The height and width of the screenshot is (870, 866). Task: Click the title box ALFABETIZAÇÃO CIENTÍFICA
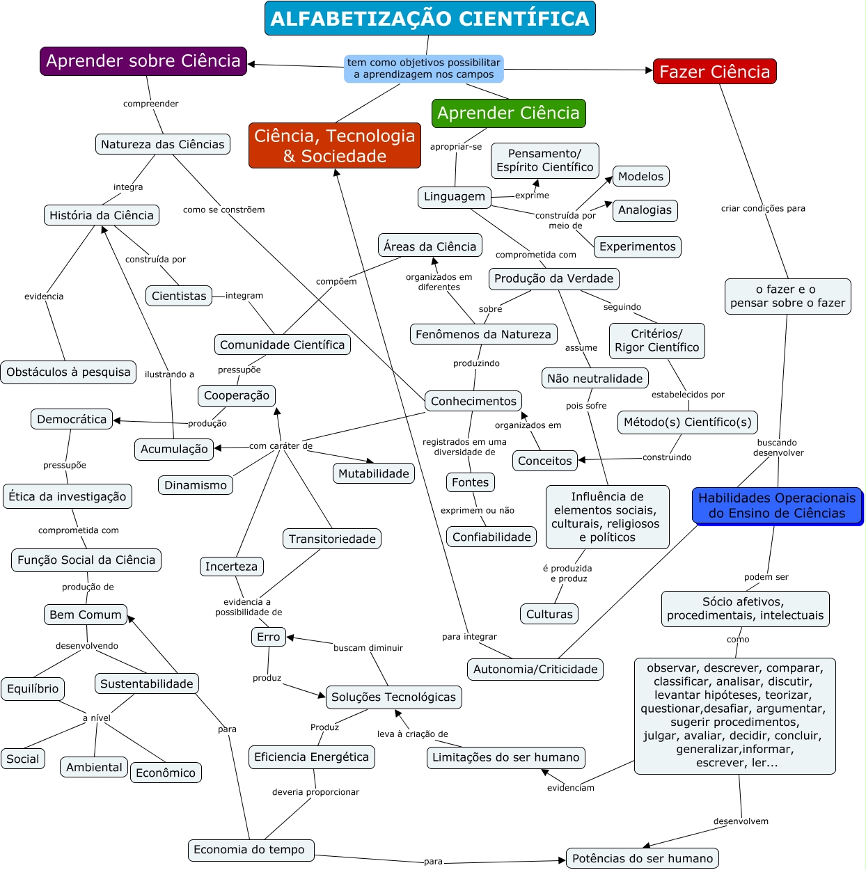click(x=430, y=18)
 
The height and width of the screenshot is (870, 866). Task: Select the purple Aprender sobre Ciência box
click(x=143, y=61)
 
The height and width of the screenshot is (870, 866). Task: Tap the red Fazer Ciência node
click(x=715, y=71)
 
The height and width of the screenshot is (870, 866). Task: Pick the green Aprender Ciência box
click(x=508, y=113)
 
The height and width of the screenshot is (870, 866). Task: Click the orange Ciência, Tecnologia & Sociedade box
click(x=334, y=145)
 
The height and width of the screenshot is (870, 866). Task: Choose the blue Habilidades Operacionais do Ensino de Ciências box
click(x=777, y=506)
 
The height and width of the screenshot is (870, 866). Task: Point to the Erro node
click(x=268, y=637)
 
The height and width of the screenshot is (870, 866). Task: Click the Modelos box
click(x=640, y=176)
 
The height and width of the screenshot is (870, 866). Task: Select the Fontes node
click(x=471, y=482)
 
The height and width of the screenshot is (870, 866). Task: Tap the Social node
click(x=22, y=759)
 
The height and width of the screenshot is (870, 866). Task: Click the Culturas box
click(x=549, y=614)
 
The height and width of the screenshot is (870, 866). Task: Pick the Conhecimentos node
click(x=473, y=401)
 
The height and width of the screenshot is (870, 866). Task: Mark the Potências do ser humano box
click(x=643, y=858)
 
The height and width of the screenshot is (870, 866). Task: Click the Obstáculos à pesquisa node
click(x=68, y=372)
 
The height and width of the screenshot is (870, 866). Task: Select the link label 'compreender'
click(x=151, y=104)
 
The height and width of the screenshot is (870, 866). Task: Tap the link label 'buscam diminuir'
click(x=368, y=648)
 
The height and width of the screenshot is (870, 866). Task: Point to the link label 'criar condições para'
click(x=763, y=208)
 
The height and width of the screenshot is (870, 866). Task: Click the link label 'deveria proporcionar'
click(x=316, y=792)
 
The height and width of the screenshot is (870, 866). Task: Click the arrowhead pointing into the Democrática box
click(x=116, y=420)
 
